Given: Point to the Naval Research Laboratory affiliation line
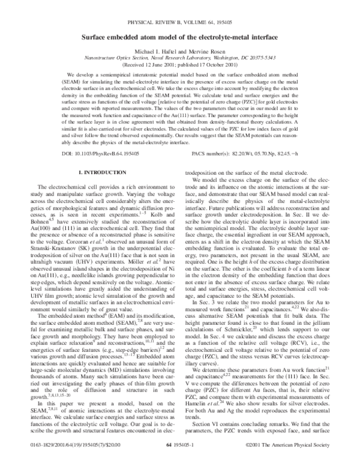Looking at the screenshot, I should [180, 61].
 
